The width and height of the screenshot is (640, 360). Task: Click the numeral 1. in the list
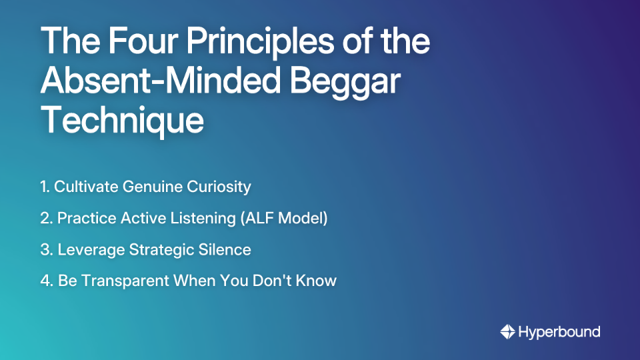45,187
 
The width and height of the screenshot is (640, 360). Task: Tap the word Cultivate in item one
86,187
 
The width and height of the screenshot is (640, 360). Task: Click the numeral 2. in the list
46,218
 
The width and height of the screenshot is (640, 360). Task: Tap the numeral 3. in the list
46,250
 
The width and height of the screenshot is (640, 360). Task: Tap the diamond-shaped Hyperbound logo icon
507,331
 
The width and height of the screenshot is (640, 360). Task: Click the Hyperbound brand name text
559,331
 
